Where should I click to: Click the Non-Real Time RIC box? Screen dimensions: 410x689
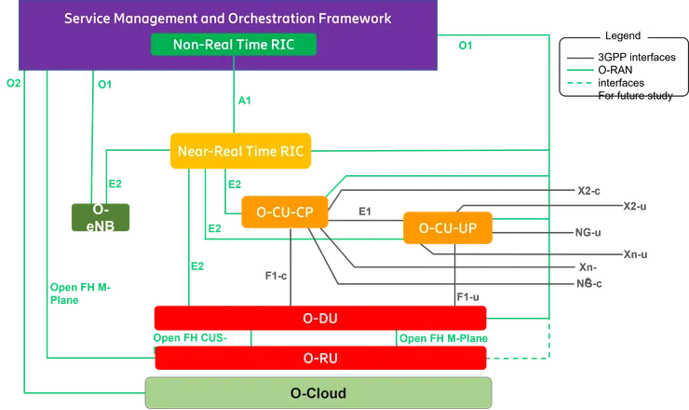(233, 44)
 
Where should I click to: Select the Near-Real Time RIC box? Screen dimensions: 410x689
(240, 150)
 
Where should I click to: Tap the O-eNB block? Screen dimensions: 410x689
(100, 217)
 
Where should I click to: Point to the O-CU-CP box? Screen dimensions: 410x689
(283, 212)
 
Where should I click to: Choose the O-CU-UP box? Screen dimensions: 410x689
(447, 227)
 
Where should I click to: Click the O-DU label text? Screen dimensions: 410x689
(320, 319)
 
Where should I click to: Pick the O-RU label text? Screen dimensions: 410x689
(320, 357)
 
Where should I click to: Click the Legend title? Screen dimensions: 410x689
(622, 35)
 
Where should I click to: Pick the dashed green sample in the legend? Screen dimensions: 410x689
(579, 84)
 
